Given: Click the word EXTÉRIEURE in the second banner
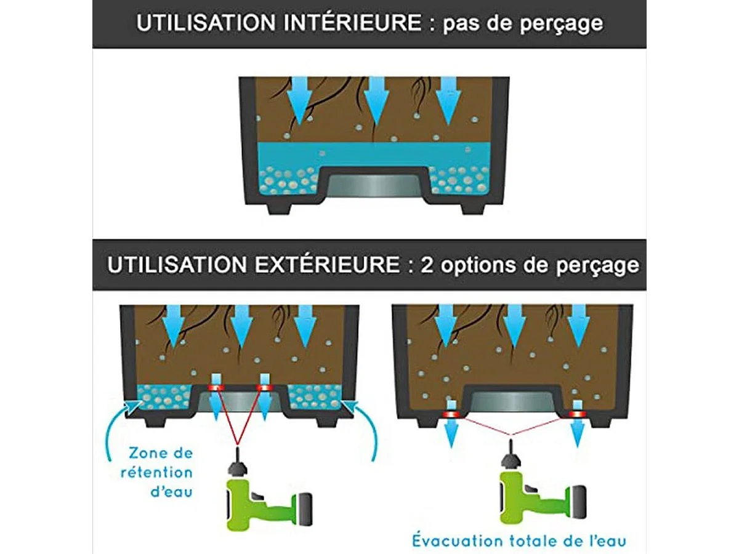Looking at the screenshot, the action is (327, 265).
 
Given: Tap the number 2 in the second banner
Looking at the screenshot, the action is (427, 265).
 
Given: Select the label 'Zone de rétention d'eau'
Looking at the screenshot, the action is (157, 473).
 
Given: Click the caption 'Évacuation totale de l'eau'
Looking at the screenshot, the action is (519, 541).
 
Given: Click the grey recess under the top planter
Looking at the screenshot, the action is (374, 186).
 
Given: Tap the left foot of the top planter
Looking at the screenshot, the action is (279, 209).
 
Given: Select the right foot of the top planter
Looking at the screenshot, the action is (473, 209).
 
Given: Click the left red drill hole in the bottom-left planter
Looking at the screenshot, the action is (216, 388).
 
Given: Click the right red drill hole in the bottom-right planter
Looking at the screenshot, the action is (577, 414).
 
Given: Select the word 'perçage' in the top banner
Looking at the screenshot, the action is (561, 24).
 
